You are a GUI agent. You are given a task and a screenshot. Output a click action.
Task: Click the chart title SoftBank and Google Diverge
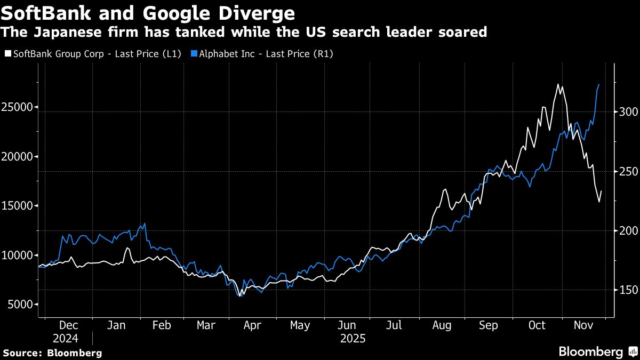[x=148, y=12]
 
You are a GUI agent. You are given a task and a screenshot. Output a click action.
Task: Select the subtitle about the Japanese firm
[x=244, y=32]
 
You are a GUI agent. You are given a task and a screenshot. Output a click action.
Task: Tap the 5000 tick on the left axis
[x=20, y=305]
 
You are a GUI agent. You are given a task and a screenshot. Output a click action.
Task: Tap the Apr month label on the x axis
[x=252, y=325]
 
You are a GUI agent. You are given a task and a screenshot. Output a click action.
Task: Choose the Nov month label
[x=583, y=325]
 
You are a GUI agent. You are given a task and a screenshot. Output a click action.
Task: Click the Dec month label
[x=69, y=325]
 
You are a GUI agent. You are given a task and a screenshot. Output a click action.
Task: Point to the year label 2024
[x=66, y=339]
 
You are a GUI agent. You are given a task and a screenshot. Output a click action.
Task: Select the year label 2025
[x=352, y=339]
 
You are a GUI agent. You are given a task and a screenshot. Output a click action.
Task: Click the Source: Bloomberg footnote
[x=52, y=353]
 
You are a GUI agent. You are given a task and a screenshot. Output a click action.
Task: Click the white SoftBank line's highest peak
[x=558, y=84]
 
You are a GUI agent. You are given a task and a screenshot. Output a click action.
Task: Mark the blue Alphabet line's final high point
[x=599, y=84]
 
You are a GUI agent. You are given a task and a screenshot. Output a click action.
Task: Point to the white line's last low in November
[x=599, y=202]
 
